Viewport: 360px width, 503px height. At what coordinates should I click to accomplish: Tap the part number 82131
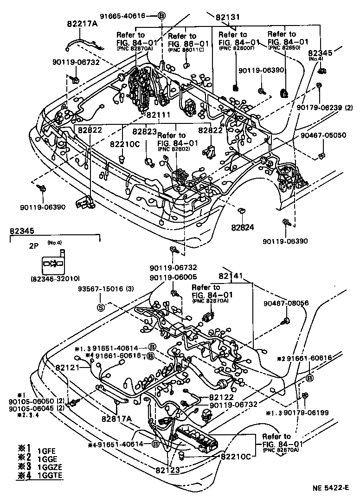[x=228, y=17]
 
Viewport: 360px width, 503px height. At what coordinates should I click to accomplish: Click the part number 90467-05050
[x=323, y=135]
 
